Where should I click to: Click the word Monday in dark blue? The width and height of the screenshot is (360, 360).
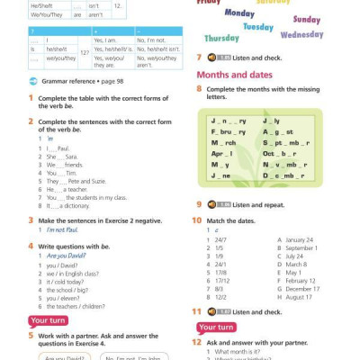tap(238, 13)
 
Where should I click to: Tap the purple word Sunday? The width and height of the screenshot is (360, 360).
tap(306, 20)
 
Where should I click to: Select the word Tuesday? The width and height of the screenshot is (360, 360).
tap(258, 27)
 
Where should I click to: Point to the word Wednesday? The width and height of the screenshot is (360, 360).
tap(301, 35)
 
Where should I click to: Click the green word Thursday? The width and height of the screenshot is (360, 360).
tap(221, 39)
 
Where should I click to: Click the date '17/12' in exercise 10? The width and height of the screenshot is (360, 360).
tap(221, 280)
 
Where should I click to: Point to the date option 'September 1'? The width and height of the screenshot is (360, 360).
tap(301, 247)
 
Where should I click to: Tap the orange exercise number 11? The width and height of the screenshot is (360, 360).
tap(196, 311)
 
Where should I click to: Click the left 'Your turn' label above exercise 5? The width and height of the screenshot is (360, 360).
tap(47, 320)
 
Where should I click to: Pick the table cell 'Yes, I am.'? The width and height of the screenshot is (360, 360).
tap(107, 40)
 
